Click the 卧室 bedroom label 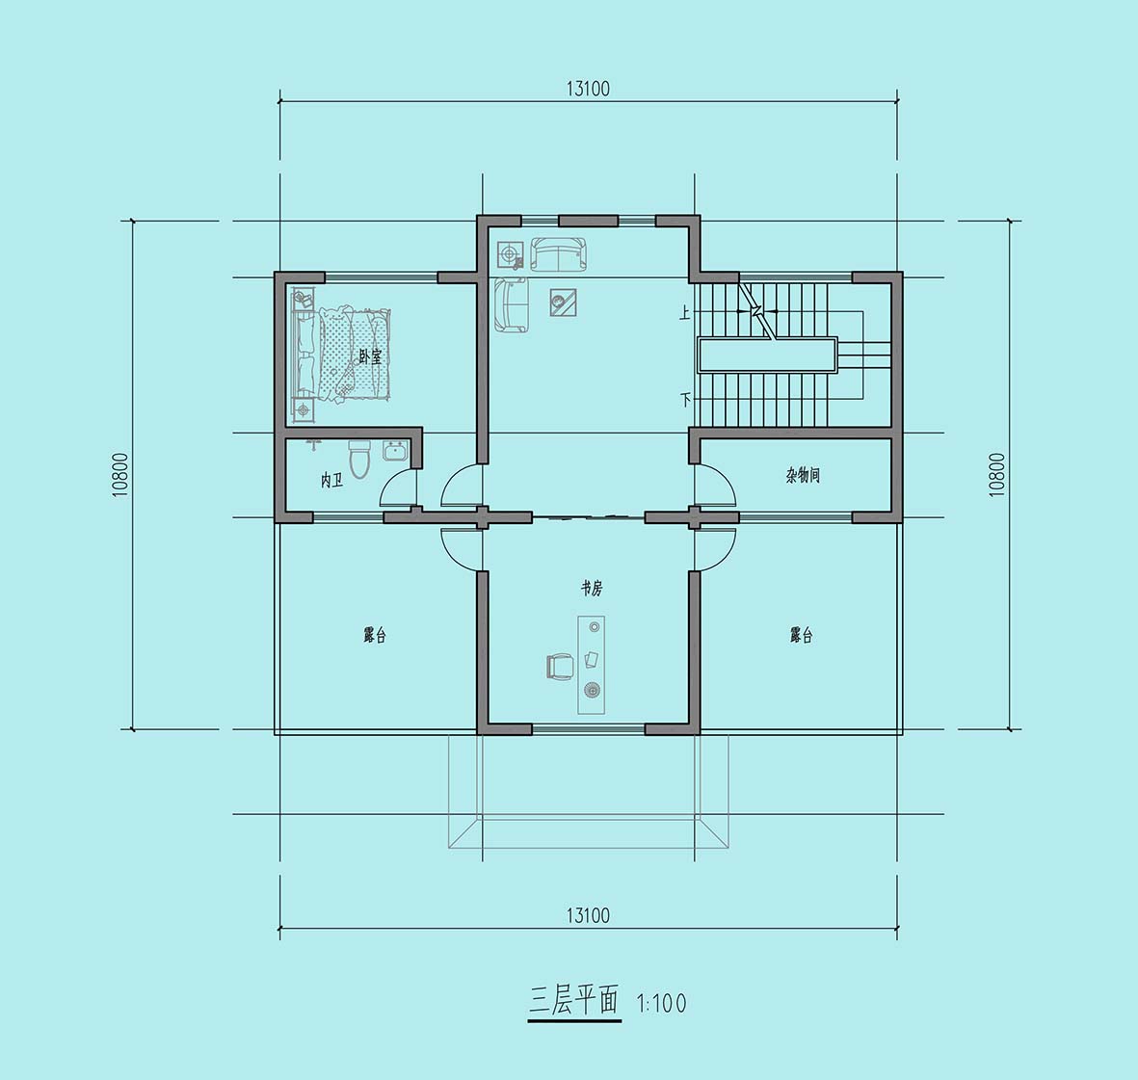[x=370, y=356]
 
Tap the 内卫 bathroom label [x=331, y=481]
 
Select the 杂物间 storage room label [x=803, y=475]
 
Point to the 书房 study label [x=592, y=588]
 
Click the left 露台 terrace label [x=375, y=635]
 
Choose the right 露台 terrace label [x=802, y=635]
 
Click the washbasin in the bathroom [x=395, y=451]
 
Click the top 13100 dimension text [x=588, y=89]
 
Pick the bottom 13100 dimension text [x=588, y=915]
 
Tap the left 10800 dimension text [x=120, y=475]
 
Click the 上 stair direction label [x=684, y=313]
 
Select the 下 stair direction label [x=684, y=399]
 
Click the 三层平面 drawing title [x=573, y=1002]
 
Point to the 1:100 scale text [x=661, y=1004]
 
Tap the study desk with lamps [x=592, y=665]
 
